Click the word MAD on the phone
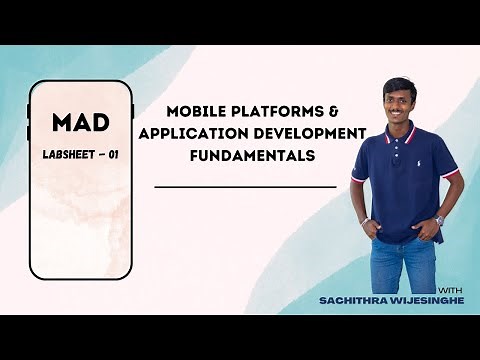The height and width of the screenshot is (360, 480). [x=80, y=124]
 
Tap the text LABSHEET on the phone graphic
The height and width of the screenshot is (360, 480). [x=68, y=157]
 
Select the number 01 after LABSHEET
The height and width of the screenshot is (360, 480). [x=114, y=157]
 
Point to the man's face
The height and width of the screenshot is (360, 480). [x=400, y=104]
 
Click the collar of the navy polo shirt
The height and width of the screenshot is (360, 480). [x=401, y=131]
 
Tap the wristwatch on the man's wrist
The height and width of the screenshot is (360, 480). [x=439, y=220]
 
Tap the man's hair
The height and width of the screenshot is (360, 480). [x=399, y=85]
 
